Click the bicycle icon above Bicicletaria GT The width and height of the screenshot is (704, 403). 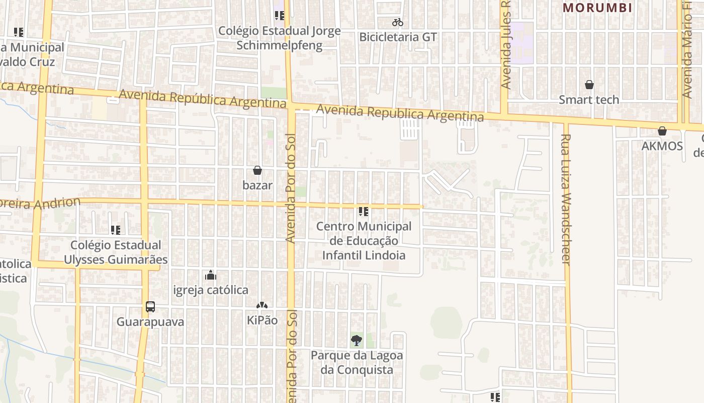[398, 22]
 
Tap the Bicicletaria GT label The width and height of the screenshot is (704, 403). [398, 37]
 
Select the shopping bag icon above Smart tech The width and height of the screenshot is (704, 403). [589, 85]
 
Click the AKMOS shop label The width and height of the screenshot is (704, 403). [662, 146]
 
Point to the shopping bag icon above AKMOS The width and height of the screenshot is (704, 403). [662, 131]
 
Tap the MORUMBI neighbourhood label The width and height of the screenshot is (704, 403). [597, 8]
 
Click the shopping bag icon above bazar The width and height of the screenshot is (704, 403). [257, 170]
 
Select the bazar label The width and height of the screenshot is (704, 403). [257, 185]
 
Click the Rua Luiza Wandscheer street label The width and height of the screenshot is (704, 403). [566, 199]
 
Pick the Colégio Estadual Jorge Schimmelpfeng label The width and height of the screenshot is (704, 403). [279, 38]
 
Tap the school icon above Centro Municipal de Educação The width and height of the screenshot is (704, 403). [364, 212]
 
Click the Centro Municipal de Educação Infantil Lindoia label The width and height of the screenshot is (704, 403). [364, 241]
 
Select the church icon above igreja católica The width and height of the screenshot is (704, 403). [211, 275]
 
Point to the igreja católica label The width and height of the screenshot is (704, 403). [211, 290]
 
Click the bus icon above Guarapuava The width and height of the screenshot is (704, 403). [150, 306]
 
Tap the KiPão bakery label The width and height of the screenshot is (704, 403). [262, 320]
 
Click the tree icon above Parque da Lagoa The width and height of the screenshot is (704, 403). [357, 341]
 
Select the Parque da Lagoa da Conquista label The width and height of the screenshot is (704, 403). [357, 363]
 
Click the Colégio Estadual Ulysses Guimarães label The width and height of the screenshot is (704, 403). [116, 252]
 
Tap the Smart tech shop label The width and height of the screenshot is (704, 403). [589, 100]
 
